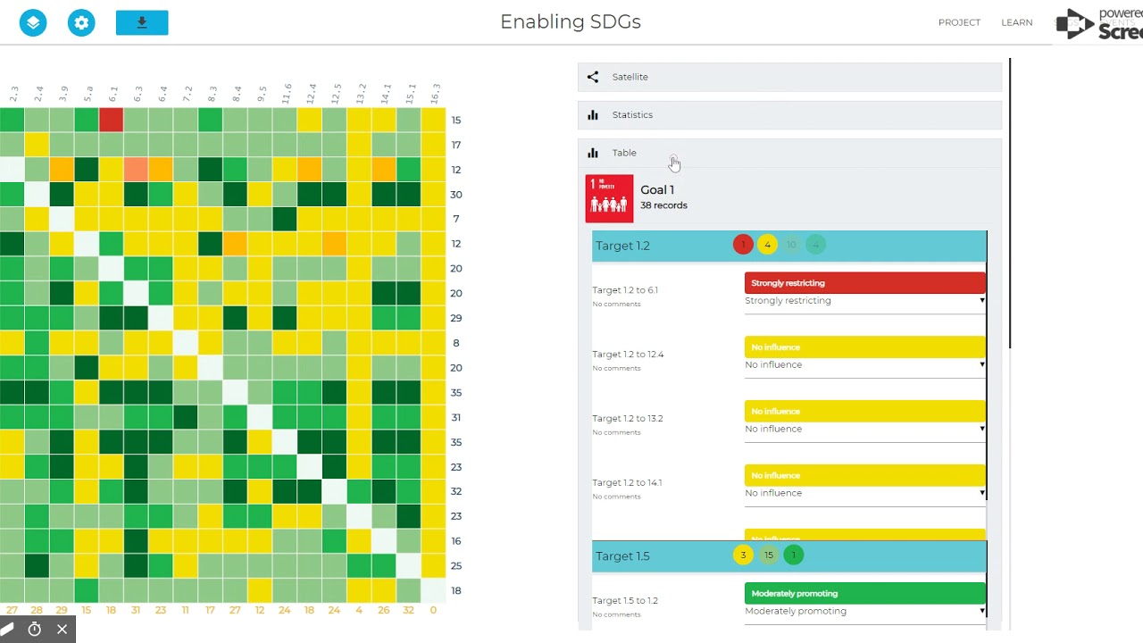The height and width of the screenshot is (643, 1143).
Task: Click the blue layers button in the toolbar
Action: point(33,22)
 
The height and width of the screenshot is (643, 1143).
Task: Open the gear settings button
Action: point(81,22)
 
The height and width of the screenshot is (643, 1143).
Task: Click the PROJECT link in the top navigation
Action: point(959,22)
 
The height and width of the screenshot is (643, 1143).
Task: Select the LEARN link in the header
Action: point(1016,22)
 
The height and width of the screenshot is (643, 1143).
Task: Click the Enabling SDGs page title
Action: point(571,22)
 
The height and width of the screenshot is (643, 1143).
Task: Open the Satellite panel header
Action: point(789,77)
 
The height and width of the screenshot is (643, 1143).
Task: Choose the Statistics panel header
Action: point(789,115)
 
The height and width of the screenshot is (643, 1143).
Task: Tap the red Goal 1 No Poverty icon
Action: point(609,198)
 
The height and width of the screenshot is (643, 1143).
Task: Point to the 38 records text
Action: point(663,205)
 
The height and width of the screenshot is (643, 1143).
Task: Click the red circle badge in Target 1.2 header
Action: point(743,245)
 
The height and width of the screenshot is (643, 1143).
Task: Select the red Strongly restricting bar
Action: point(864,283)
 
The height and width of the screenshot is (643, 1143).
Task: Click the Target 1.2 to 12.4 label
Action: point(628,355)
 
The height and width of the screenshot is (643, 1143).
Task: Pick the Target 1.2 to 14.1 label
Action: point(628,483)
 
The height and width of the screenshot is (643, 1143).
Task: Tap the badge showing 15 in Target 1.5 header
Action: point(768,555)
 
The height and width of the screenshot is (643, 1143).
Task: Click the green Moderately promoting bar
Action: point(864,594)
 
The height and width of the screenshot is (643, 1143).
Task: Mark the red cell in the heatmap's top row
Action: point(111,120)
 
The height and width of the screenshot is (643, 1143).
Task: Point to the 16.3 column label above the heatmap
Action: point(435,94)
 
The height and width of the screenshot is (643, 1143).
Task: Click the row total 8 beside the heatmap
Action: point(456,343)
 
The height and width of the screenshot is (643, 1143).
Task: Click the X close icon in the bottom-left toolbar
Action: point(62,630)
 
